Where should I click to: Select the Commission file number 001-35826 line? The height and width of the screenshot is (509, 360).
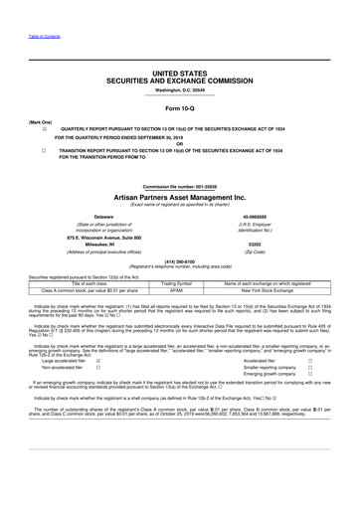pos(179,186)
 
